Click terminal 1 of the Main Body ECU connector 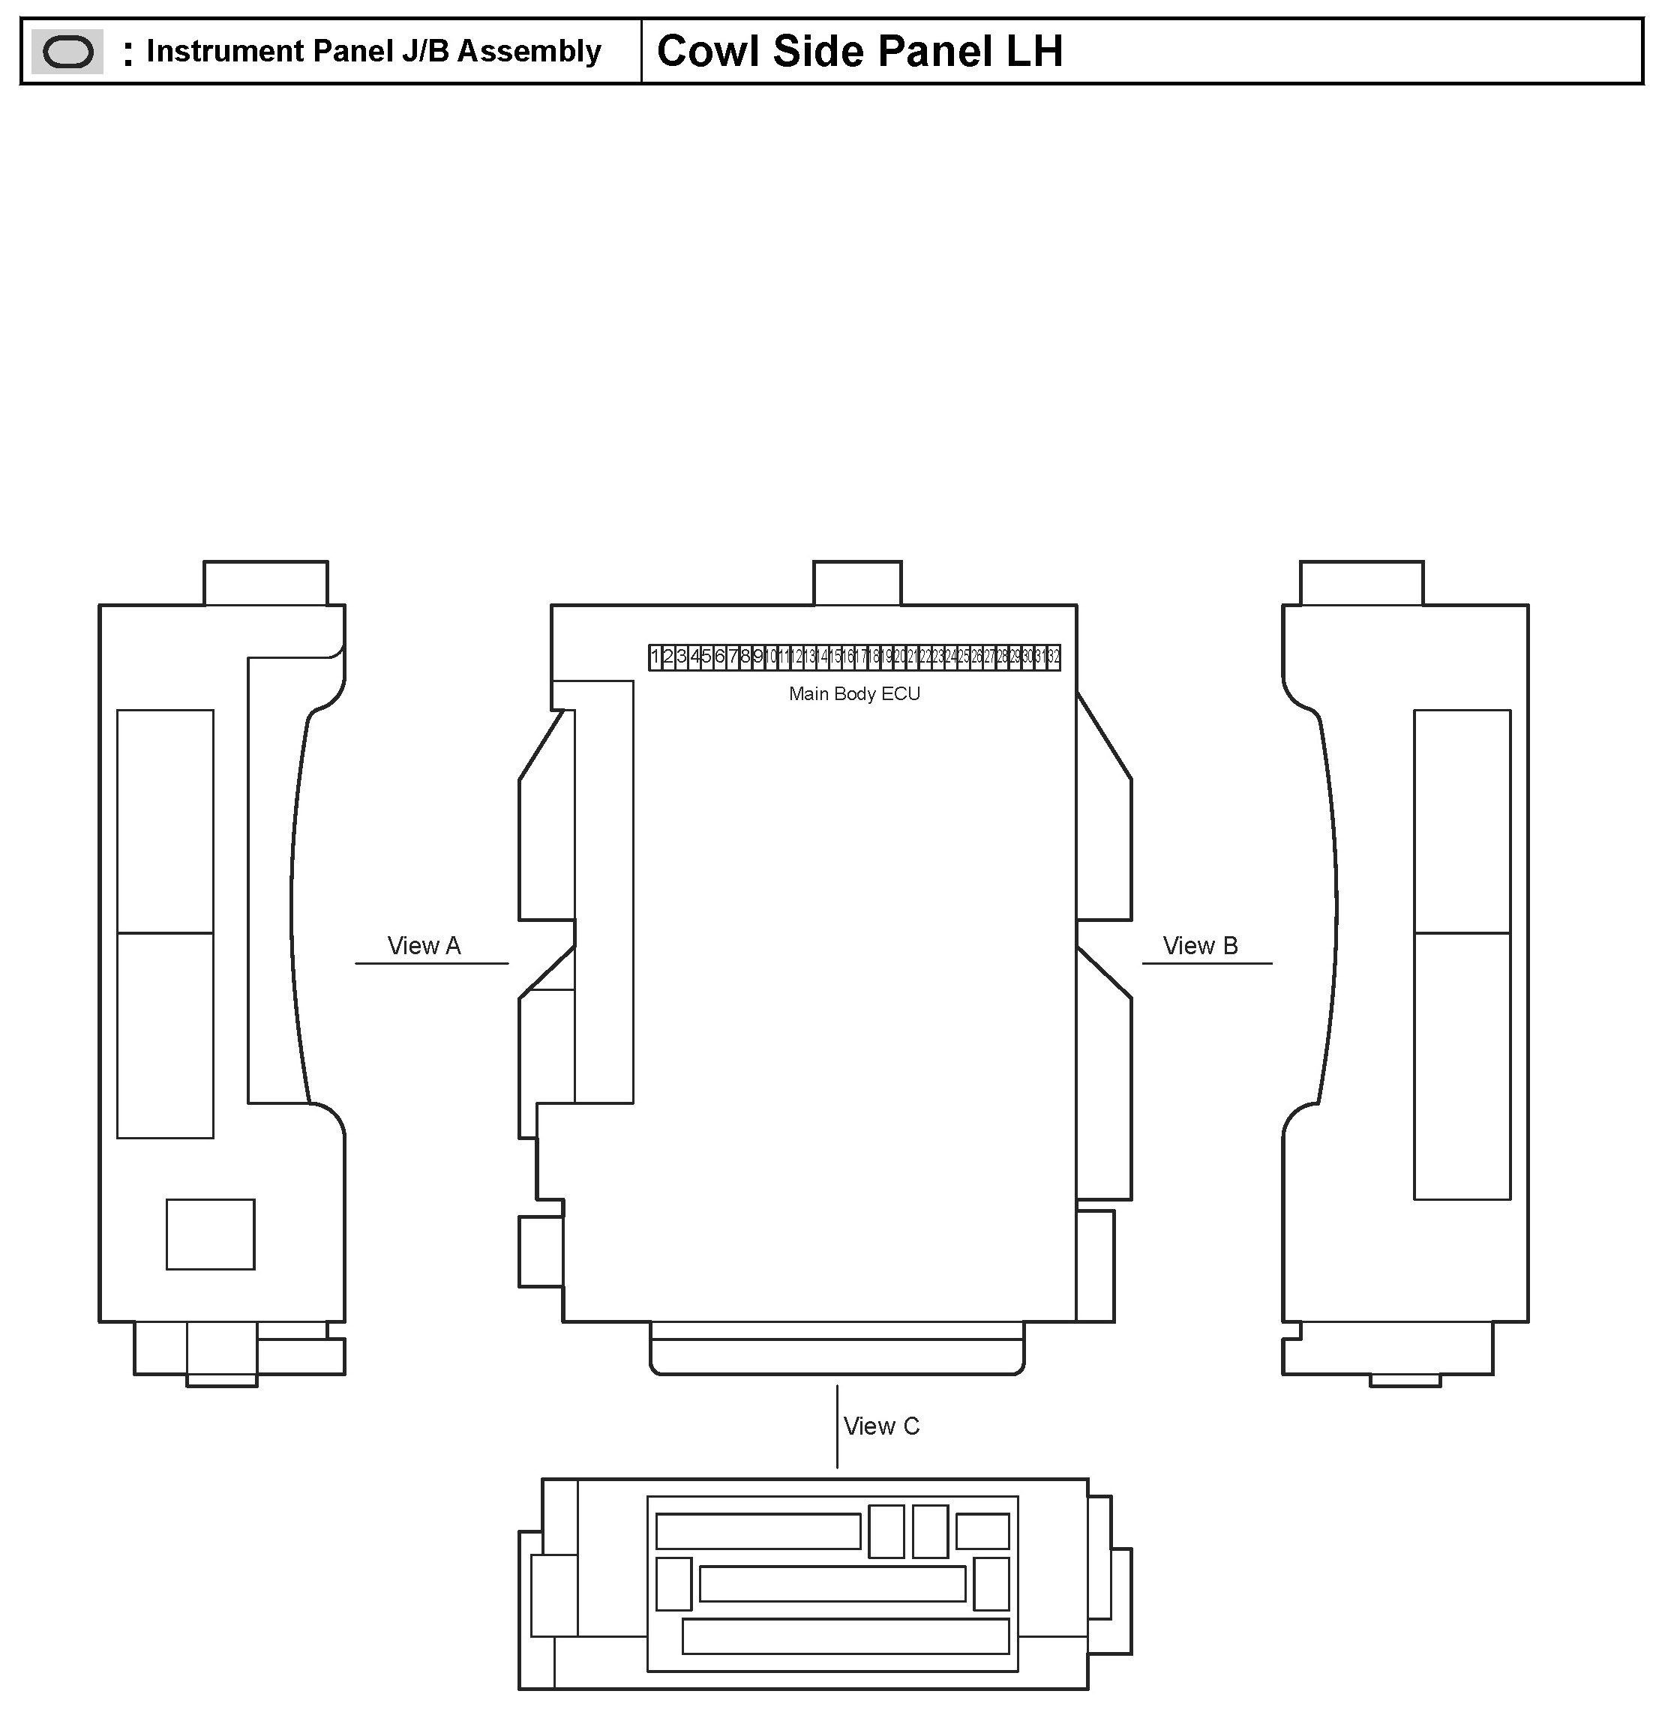[655, 657]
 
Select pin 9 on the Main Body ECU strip [757, 657]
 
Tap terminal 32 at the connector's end [1053, 657]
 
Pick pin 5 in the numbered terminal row [706, 657]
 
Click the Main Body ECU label [853, 694]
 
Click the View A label [424, 946]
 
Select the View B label [1200, 946]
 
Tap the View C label [880, 1426]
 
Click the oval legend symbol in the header [67, 52]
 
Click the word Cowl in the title [707, 51]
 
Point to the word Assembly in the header [529, 51]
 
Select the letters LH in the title [1033, 51]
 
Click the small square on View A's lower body [211, 1235]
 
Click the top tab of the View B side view [1361, 582]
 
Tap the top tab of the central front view [857, 582]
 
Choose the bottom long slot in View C [845, 1636]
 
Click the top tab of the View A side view [265, 582]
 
